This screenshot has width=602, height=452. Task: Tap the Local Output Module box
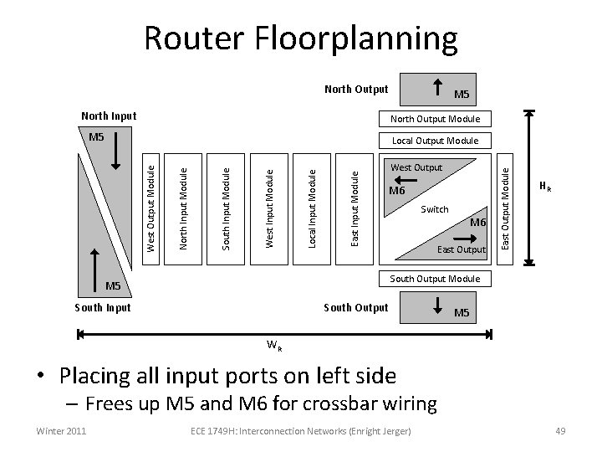pos(431,141)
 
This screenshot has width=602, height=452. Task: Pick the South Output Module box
pos(436,278)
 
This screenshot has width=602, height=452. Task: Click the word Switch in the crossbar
pos(434,209)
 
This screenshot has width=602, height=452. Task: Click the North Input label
pos(108,116)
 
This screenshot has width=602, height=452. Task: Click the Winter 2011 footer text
pos(59,431)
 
